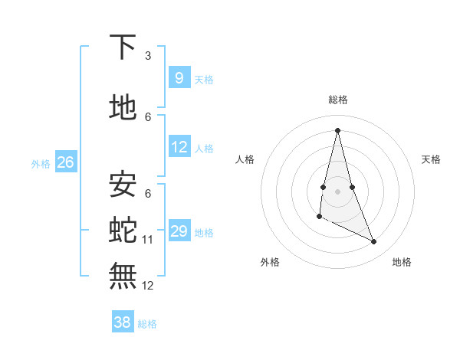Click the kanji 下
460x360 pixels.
coord(123,47)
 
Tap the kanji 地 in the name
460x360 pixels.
coord(123,108)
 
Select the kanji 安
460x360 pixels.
coord(123,184)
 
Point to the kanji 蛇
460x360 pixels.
coord(123,227)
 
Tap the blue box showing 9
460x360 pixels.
coord(179,77)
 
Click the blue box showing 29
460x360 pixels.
coord(179,231)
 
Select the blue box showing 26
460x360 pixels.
coord(65,162)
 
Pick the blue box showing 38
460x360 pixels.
coord(122,322)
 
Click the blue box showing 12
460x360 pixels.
coord(179,147)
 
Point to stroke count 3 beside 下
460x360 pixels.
coord(148,56)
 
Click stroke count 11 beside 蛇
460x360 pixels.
coord(148,240)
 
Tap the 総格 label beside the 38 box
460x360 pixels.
coord(147,324)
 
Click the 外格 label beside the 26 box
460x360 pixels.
coord(41,163)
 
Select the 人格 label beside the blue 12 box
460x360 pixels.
coord(204,148)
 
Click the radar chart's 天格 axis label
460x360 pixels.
coord(431,159)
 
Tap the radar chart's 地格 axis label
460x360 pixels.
coord(402,262)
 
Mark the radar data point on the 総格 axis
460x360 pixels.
coord(337,129)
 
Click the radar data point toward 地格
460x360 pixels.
coord(374,242)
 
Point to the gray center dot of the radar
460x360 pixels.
coord(337,191)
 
